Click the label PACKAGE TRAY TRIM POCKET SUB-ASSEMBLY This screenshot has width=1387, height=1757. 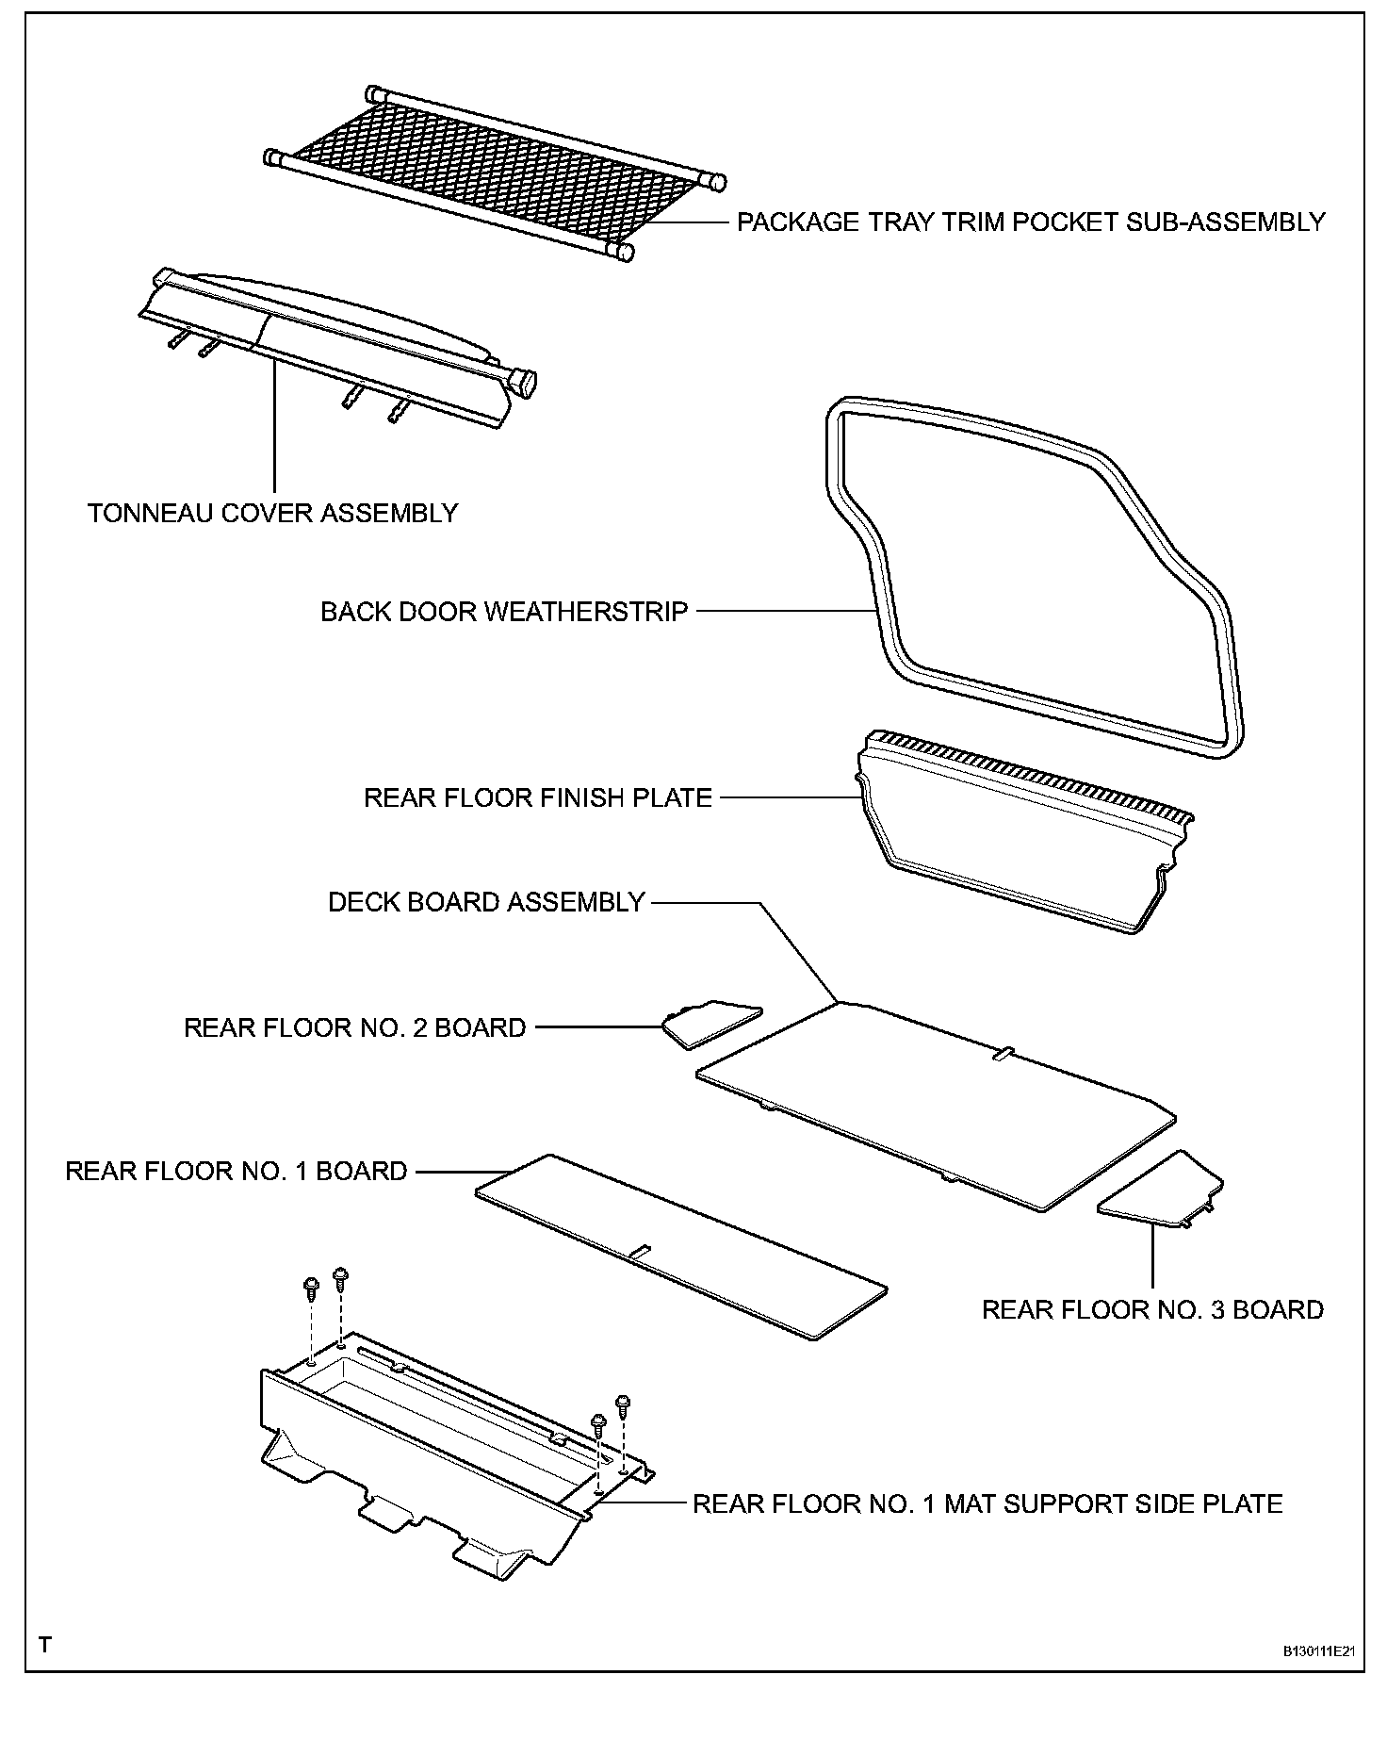pos(1031,222)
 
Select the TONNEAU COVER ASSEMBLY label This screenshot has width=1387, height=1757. pos(273,514)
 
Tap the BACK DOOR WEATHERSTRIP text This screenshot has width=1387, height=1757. pos(504,612)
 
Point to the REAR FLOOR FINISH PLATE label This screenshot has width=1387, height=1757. pos(538,798)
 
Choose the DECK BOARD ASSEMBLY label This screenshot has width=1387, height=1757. pos(486,903)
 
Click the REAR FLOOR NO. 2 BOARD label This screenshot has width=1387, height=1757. pos(355,1027)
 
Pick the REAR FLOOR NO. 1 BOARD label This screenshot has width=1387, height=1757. pos(237,1172)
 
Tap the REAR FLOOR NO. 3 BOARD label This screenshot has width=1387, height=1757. pos(1152,1310)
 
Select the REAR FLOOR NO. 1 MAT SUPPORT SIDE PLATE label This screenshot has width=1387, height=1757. pos(987,1503)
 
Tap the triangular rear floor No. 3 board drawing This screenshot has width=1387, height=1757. pos(1165,1191)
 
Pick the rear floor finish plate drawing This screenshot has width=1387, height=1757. pos(1022,829)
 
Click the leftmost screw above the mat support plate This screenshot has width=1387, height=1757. pos(311,1287)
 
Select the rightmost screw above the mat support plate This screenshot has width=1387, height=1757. pos(622,1404)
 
